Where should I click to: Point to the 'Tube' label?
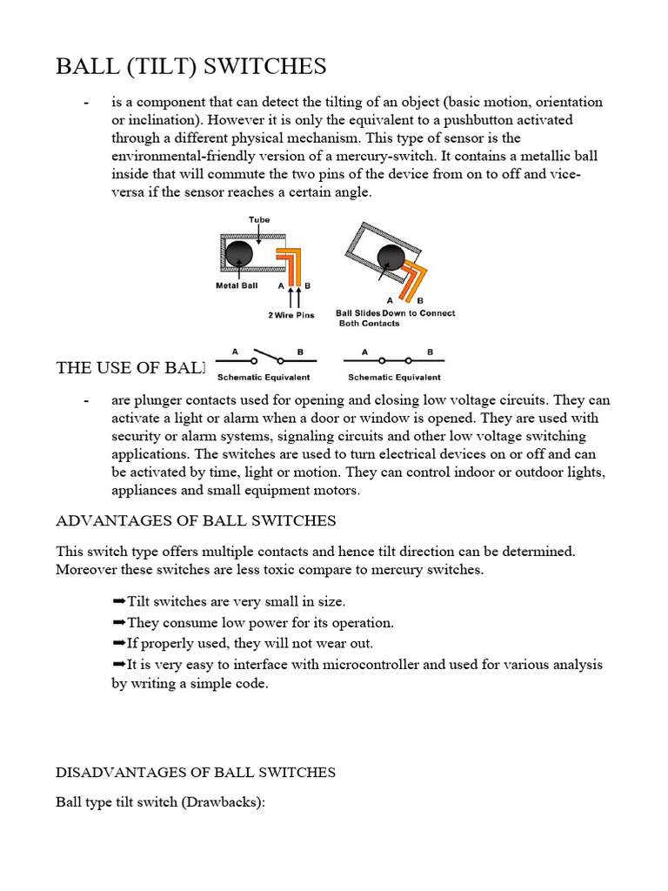point(259,220)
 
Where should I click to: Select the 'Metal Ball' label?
point(237,285)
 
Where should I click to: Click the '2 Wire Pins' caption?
point(291,315)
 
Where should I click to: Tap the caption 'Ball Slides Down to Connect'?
point(395,313)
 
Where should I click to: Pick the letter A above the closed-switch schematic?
point(364,352)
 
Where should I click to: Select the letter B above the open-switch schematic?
point(301,352)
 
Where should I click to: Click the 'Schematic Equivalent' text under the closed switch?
point(394,378)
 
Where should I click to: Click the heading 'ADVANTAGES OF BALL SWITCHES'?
point(196,520)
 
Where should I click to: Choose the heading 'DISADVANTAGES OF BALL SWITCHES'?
point(196,772)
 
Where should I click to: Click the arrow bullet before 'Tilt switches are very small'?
point(119,601)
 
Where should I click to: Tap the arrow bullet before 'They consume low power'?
point(119,622)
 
